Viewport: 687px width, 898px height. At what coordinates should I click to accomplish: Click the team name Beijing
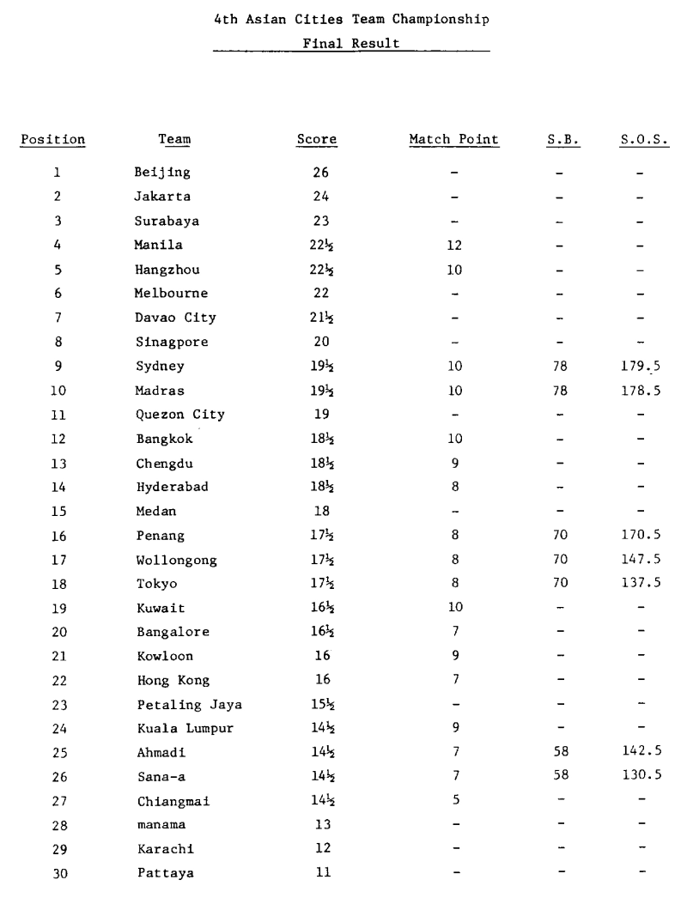click(x=162, y=173)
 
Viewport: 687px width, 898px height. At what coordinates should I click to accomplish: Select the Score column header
click(x=317, y=139)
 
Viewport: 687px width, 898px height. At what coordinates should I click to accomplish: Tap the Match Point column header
click(x=453, y=139)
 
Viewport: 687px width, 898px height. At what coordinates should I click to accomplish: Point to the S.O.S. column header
click(x=643, y=139)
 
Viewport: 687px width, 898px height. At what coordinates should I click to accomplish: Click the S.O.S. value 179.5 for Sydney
click(x=644, y=366)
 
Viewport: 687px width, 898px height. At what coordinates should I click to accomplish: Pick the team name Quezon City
click(x=179, y=414)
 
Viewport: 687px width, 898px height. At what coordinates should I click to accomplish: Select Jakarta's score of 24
click(x=319, y=197)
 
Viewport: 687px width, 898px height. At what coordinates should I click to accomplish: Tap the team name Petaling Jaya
click(x=189, y=705)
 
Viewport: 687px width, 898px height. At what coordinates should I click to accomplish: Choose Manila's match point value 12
click(x=454, y=245)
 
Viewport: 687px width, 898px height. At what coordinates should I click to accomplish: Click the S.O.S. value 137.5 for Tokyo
click(x=644, y=584)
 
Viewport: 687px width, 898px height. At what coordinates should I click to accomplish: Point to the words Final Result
click(x=351, y=44)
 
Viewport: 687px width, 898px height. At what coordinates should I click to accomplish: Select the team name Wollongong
click(x=176, y=560)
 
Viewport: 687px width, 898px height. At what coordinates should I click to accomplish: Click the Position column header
click(x=53, y=139)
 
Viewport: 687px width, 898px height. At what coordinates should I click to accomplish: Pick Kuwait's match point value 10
click(x=454, y=608)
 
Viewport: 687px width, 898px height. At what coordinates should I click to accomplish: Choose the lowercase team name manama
click(x=159, y=826)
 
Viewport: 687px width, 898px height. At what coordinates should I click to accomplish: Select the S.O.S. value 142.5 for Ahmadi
click(x=644, y=753)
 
